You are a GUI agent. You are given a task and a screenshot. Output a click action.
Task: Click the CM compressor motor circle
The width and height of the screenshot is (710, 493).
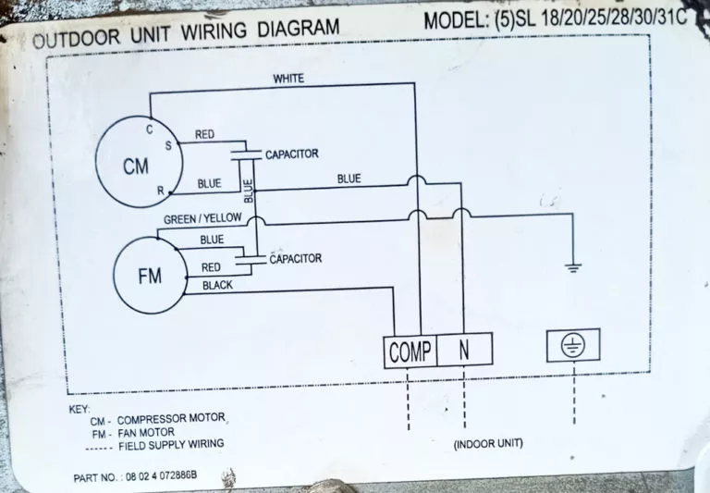coord(96,161)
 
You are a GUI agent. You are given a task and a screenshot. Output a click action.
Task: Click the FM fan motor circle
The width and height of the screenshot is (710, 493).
coord(114,276)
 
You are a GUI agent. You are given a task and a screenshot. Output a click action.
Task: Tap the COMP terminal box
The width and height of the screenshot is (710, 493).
coord(410,351)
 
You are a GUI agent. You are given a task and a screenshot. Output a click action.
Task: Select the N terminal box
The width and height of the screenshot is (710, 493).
coord(465,350)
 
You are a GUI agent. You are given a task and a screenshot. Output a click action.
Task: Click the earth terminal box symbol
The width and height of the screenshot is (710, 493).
coord(573,345)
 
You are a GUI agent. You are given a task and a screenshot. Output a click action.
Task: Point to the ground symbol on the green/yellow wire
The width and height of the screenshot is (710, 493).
coord(573,267)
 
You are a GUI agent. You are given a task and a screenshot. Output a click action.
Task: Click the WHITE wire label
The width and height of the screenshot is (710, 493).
coord(288,79)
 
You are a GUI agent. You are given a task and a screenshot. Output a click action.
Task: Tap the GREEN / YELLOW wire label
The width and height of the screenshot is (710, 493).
coord(202,219)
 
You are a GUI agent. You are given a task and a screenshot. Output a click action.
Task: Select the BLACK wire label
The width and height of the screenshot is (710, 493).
coord(217,285)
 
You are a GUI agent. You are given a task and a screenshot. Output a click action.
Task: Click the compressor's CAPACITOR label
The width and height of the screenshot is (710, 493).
coord(291,154)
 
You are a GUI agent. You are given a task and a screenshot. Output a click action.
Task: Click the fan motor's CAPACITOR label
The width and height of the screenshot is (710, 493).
coord(295,259)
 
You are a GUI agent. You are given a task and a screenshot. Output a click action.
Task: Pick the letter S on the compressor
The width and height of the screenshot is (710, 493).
coord(168,145)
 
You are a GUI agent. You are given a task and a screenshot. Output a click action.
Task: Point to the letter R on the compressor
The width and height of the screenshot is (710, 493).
coord(160,191)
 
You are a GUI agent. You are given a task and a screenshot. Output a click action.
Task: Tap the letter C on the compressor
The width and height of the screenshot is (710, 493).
coord(150,129)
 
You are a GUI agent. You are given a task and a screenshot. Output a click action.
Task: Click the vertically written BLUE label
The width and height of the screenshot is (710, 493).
coord(248,191)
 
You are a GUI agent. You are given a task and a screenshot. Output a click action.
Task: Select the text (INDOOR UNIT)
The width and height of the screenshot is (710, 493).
coord(488,443)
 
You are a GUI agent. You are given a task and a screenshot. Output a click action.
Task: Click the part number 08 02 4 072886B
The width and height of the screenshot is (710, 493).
coord(161,476)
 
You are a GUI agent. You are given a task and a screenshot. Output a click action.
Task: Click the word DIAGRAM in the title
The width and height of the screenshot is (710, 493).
coord(299,29)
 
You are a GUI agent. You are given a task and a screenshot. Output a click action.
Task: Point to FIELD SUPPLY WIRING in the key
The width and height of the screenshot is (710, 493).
coord(171,445)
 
